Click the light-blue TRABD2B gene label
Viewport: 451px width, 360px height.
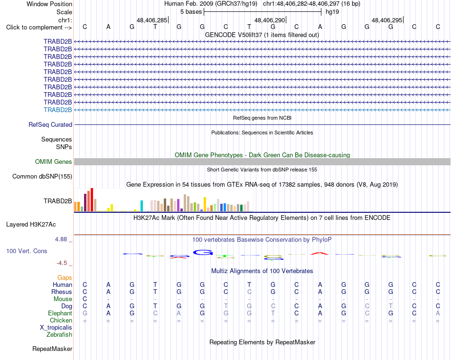click(58, 110)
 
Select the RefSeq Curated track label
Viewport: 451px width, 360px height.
click(50, 124)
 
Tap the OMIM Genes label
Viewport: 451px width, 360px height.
click(54, 162)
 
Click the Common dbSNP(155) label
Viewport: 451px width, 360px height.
click(42, 176)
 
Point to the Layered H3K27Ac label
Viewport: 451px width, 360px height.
click(31, 225)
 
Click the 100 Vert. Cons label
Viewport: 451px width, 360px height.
click(27, 251)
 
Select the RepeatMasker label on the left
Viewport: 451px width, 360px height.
click(52, 349)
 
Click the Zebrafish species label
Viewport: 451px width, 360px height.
click(59, 335)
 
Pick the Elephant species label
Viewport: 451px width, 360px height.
click(60, 313)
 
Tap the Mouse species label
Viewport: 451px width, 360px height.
click(63, 299)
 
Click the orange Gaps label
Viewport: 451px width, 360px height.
click(65, 278)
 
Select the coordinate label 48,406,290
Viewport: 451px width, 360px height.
click(270, 20)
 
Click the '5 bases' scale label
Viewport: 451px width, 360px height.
click(191, 12)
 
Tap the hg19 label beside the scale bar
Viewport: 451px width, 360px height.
click(332, 12)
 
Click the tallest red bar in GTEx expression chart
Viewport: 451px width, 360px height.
click(92, 200)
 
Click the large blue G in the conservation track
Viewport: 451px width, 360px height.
click(203, 252)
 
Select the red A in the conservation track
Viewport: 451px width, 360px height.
click(319, 253)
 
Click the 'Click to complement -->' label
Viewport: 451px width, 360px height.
click(39, 28)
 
